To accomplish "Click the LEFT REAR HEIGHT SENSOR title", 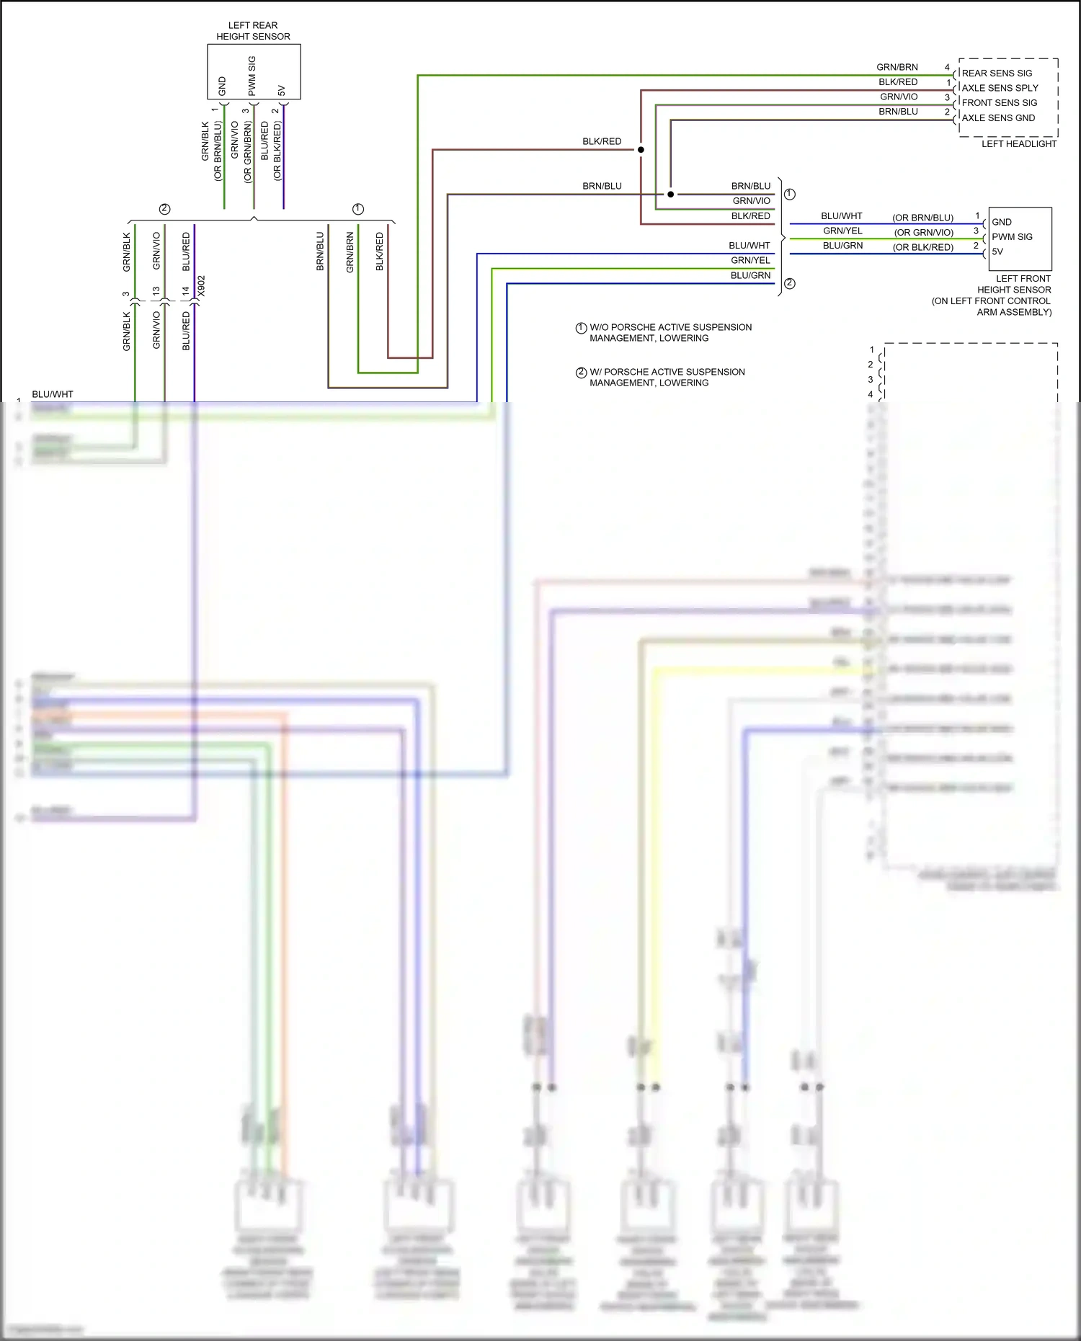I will click(253, 30).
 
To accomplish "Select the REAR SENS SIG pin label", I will click(997, 73).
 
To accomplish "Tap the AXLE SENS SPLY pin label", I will click(1000, 88).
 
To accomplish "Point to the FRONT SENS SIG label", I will click(999, 103).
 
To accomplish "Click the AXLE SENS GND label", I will click(998, 118).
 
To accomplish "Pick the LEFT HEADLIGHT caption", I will click(1018, 144).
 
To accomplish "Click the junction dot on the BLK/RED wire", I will click(641, 150).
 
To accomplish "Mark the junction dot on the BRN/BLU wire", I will click(670, 195).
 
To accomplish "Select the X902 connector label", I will click(202, 286).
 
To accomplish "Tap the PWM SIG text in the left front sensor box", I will click(1012, 237).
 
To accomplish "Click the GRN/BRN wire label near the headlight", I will click(897, 67).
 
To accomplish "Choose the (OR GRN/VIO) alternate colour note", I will click(923, 233).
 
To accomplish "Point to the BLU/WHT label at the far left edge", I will click(53, 394).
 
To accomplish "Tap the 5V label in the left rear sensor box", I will click(282, 91).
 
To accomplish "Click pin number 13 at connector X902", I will click(156, 291).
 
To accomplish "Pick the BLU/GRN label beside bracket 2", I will click(750, 275).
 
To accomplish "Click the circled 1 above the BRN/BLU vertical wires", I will click(358, 209).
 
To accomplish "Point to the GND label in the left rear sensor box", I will click(222, 86).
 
